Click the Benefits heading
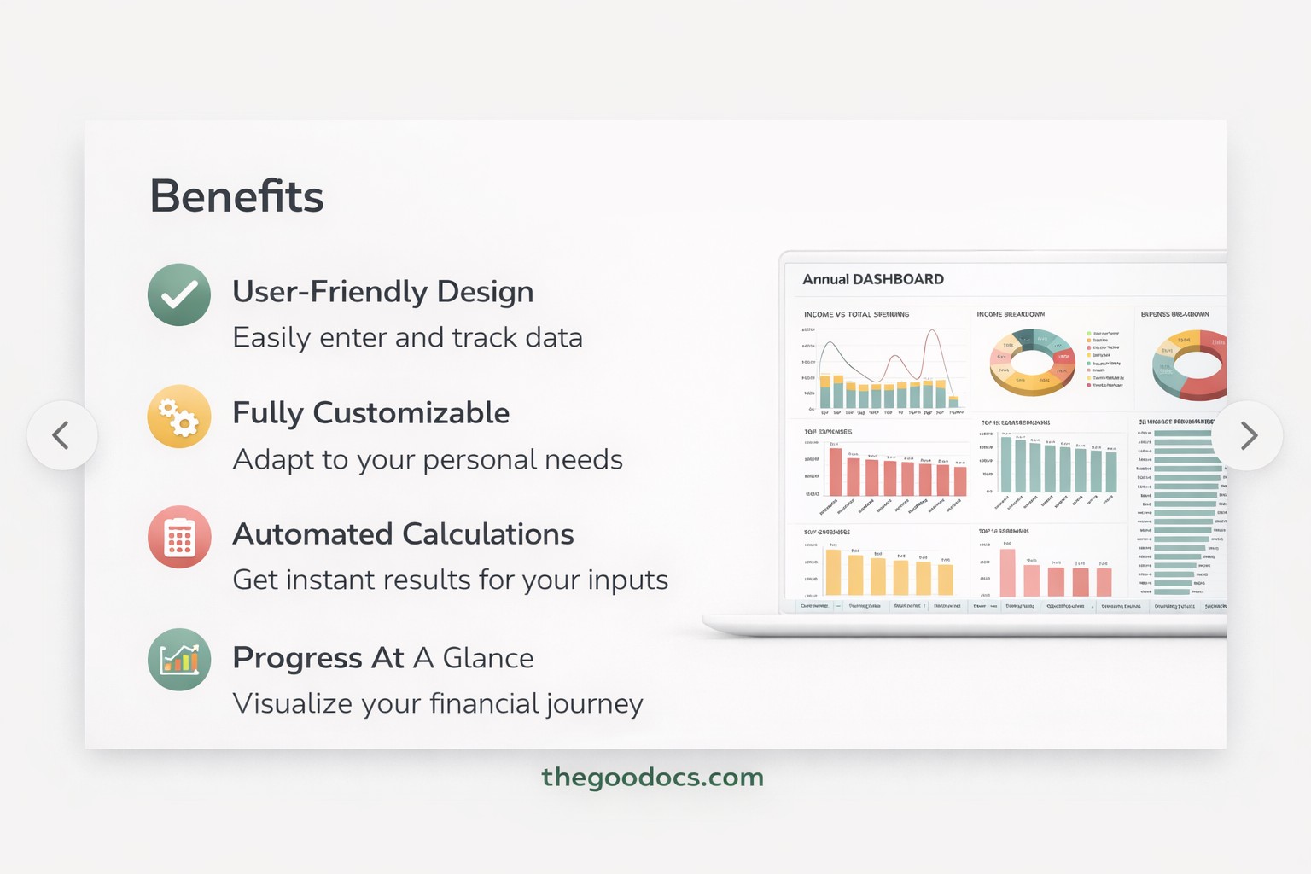(x=236, y=196)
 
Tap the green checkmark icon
(x=179, y=294)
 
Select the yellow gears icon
(x=179, y=417)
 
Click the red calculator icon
(x=179, y=537)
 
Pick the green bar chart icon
(x=179, y=659)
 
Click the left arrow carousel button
(x=61, y=435)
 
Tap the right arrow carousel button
(x=1248, y=435)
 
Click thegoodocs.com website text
(x=652, y=777)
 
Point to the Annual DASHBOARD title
(x=872, y=279)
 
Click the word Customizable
(x=411, y=413)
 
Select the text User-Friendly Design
(x=382, y=292)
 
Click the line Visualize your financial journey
(x=437, y=703)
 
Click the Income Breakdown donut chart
(x=1032, y=363)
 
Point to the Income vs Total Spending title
(x=856, y=314)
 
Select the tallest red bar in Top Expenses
(x=836, y=472)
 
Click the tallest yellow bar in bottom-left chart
(x=833, y=572)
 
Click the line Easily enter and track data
(x=407, y=338)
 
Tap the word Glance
(x=487, y=658)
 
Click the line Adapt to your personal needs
(x=427, y=459)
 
